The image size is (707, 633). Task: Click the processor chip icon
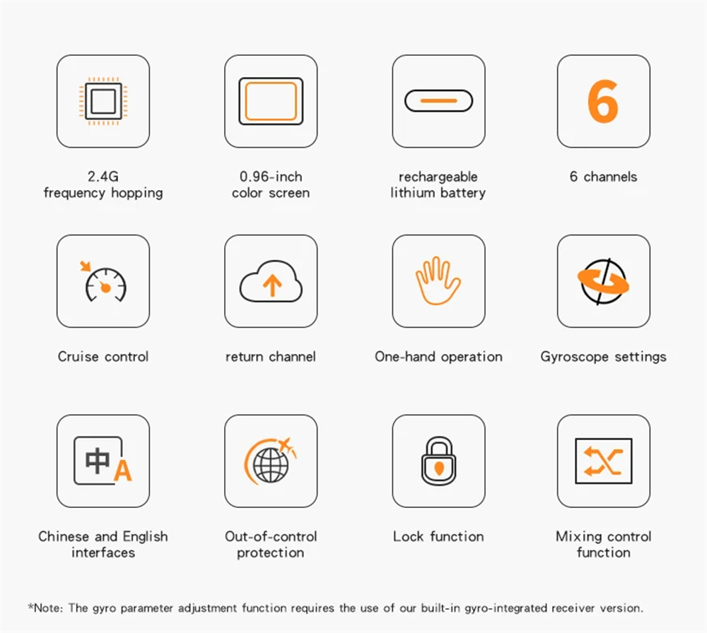(x=103, y=101)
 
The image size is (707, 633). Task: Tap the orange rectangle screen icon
(x=271, y=101)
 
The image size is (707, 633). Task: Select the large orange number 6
(x=603, y=101)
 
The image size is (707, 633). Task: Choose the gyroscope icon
(x=603, y=281)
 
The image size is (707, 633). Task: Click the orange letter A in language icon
(x=122, y=471)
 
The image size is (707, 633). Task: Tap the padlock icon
(x=438, y=461)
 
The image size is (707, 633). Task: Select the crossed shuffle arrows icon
(x=603, y=461)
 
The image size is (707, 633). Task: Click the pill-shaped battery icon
(x=438, y=100)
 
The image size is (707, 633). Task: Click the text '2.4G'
(x=103, y=176)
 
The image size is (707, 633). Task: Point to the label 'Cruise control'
(x=103, y=356)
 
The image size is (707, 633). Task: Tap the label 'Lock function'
(x=438, y=536)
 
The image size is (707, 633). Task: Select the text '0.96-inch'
(x=271, y=176)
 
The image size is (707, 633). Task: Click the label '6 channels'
(x=603, y=176)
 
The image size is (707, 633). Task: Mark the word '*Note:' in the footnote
(x=46, y=608)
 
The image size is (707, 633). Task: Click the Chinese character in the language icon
(x=98, y=461)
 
